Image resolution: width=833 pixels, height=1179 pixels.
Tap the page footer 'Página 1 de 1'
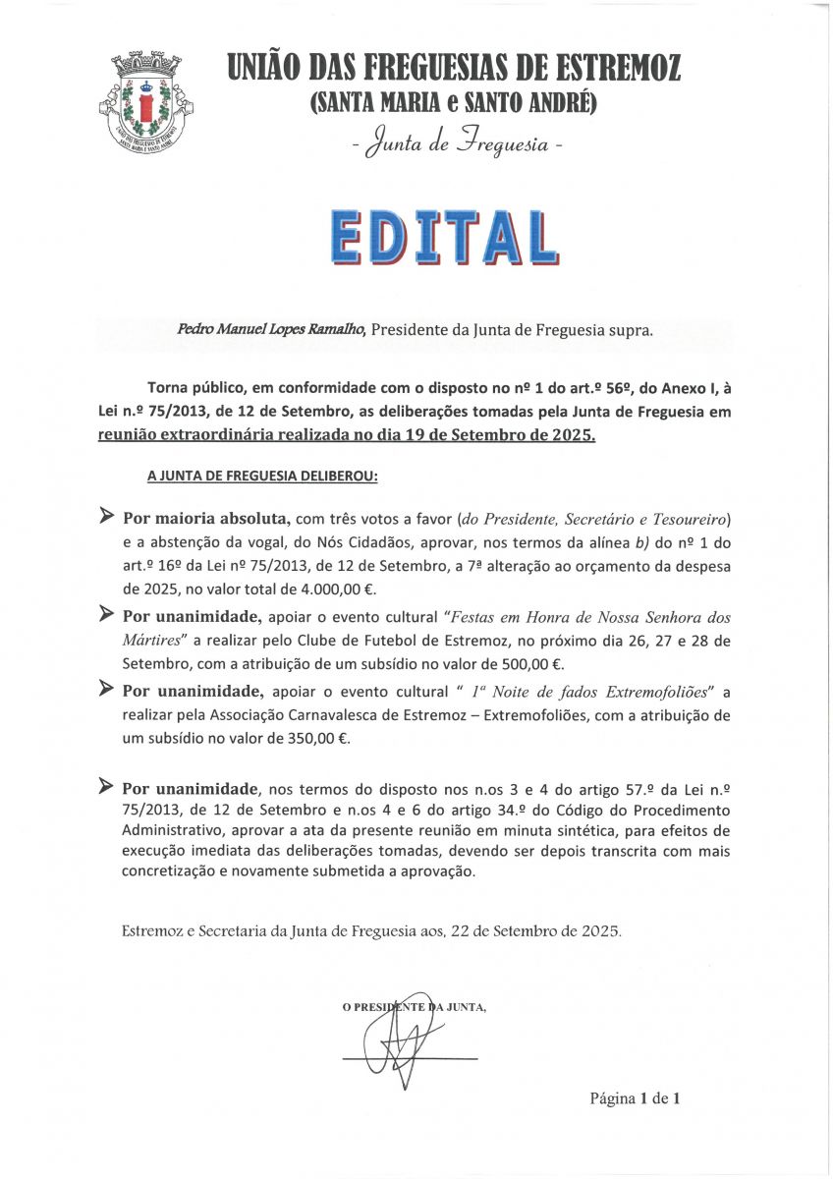pyautogui.click(x=635, y=1098)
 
